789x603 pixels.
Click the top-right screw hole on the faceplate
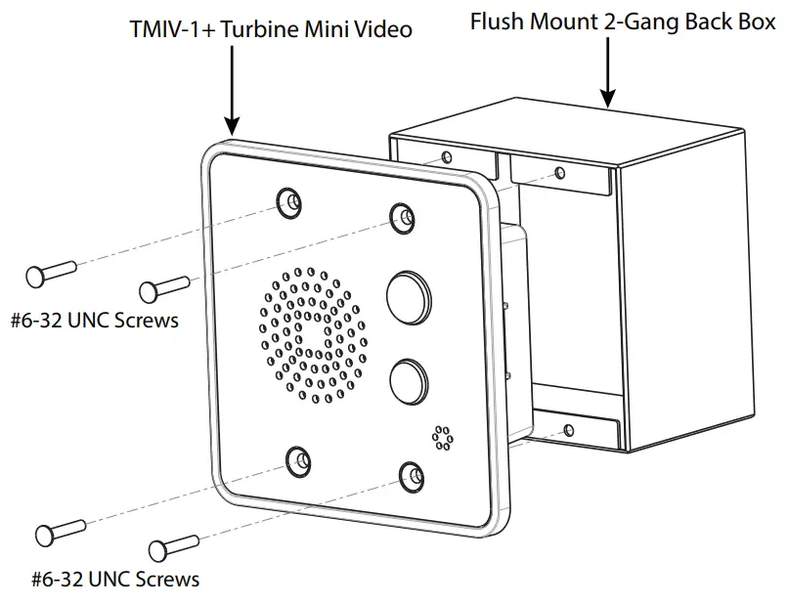(402, 218)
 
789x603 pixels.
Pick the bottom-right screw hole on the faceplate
(412, 476)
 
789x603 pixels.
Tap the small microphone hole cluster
(442, 438)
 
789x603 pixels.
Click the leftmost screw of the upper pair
(50, 273)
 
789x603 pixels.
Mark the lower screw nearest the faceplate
(173, 548)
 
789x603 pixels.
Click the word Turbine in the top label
(258, 29)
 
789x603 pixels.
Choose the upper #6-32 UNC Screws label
(95, 320)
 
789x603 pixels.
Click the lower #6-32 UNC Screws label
(115, 579)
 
